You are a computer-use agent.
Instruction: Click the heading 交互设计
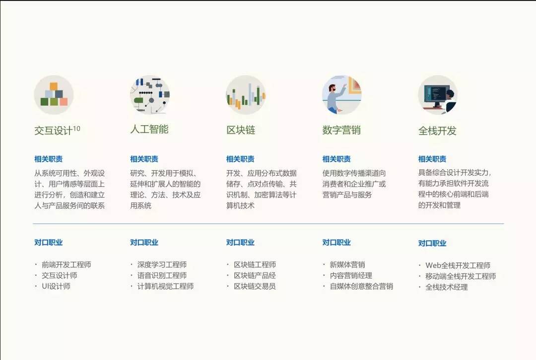(x=53, y=131)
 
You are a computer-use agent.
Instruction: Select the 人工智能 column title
(x=149, y=129)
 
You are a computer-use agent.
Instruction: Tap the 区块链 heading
(x=241, y=130)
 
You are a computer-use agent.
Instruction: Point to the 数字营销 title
(x=341, y=130)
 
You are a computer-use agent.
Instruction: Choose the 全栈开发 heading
(x=437, y=131)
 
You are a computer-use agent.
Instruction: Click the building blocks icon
(x=54, y=95)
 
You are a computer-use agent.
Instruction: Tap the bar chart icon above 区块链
(x=246, y=95)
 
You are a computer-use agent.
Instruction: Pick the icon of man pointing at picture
(x=342, y=95)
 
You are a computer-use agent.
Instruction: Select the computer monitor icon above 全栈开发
(x=438, y=95)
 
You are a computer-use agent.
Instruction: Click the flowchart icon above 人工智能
(x=150, y=95)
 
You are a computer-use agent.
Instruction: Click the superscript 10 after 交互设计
(x=76, y=129)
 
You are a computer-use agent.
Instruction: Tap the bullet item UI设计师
(x=56, y=286)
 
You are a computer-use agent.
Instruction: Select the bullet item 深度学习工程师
(x=162, y=265)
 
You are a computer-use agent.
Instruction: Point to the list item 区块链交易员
(x=255, y=286)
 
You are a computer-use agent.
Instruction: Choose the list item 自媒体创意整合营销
(x=361, y=286)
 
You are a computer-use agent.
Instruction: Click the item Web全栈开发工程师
(x=458, y=265)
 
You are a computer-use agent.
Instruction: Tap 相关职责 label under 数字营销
(x=336, y=159)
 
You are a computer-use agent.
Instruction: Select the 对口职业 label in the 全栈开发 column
(x=432, y=243)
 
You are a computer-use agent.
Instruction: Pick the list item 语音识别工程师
(x=162, y=276)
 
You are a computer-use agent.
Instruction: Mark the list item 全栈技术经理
(x=447, y=287)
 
